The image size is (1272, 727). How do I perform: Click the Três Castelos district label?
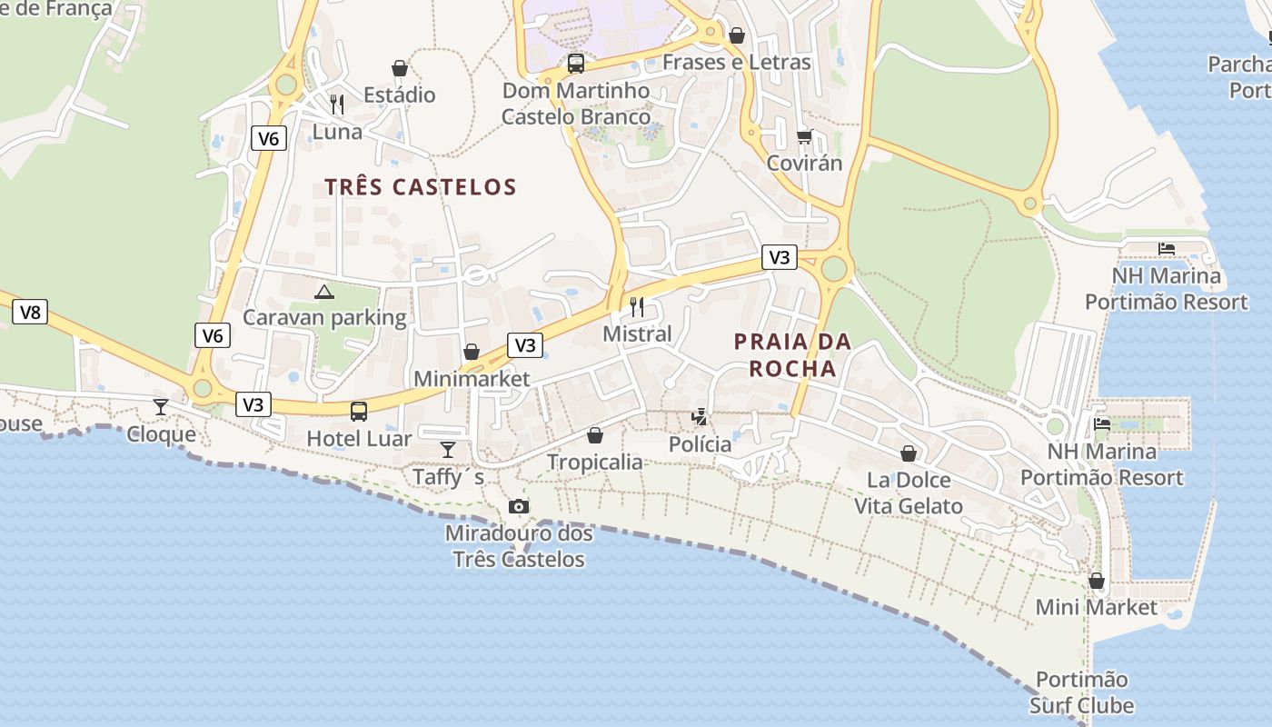click(421, 187)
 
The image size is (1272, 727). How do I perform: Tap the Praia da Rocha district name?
click(792, 355)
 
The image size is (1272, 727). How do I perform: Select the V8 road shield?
click(31, 313)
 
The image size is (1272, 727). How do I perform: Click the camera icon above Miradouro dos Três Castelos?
click(519, 506)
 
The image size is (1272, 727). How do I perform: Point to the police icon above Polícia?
click(700, 417)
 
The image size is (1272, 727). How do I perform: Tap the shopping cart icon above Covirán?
click(804, 137)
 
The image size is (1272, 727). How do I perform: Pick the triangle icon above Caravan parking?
click(324, 292)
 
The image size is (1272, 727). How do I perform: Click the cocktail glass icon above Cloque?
click(161, 406)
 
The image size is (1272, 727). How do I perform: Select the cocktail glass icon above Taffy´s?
click(448, 449)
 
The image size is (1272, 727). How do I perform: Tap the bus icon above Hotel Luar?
click(359, 411)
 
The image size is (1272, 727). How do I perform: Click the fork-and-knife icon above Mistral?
click(637, 307)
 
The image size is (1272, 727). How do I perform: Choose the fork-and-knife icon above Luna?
click(337, 105)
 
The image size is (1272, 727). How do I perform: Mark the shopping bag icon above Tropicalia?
click(595, 435)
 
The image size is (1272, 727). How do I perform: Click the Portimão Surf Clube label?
click(1081, 692)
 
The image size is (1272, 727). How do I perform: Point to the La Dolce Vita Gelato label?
click(909, 493)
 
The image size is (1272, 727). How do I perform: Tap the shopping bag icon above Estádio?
click(399, 68)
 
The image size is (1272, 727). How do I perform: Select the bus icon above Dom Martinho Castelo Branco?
click(576, 64)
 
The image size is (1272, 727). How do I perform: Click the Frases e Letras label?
click(737, 62)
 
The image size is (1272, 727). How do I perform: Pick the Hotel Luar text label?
click(359, 438)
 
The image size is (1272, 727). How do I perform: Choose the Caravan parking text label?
click(324, 317)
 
